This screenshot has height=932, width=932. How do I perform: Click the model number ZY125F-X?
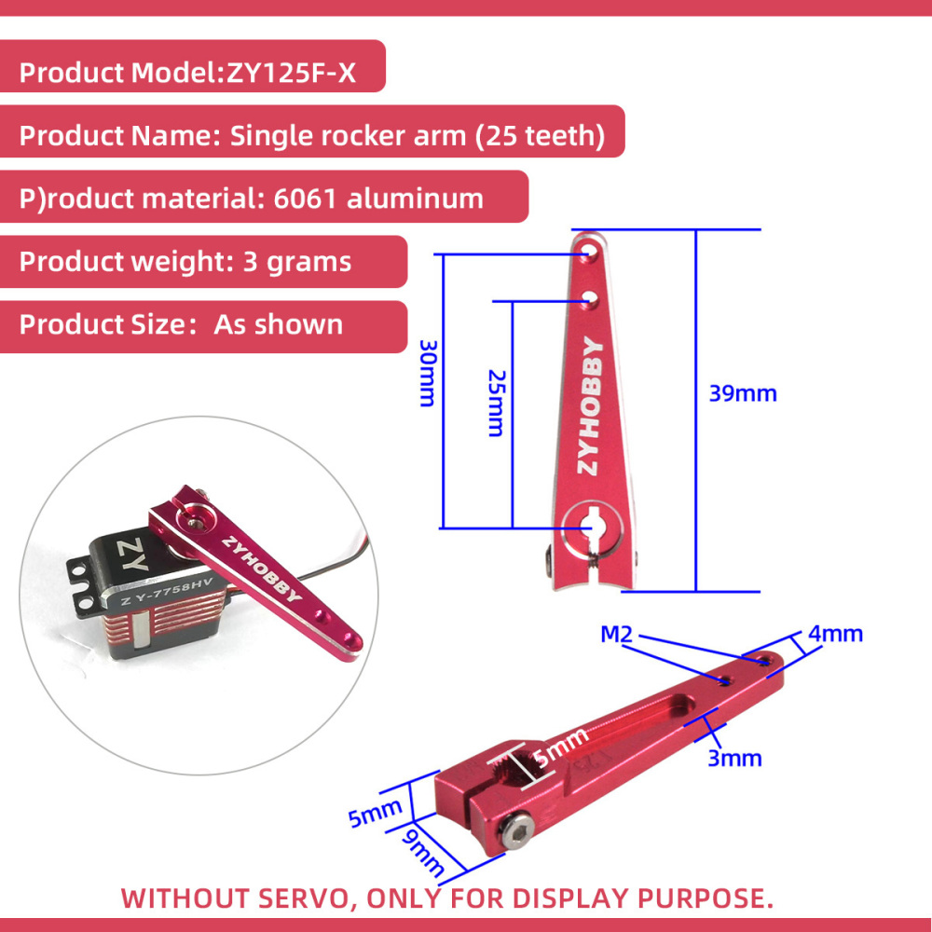(291, 73)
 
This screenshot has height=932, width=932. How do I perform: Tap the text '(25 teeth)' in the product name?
(540, 136)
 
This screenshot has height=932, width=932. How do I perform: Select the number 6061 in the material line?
(306, 199)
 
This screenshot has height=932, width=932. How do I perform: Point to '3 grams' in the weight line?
(297, 262)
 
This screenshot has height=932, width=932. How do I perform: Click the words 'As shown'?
(278, 324)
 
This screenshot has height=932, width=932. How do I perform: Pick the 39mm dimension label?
(743, 393)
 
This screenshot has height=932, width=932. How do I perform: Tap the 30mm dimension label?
(429, 374)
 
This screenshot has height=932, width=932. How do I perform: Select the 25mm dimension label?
(497, 404)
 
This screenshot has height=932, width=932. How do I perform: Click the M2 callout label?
(616, 634)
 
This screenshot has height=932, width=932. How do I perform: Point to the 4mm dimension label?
(835, 634)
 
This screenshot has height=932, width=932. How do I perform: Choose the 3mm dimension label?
(734, 759)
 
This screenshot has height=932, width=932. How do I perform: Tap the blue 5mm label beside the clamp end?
(375, 814)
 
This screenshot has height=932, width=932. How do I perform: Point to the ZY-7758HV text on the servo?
(167, 593)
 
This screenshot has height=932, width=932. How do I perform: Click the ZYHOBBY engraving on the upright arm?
(590, 406)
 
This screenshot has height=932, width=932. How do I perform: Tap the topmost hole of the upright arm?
(588, 250)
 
